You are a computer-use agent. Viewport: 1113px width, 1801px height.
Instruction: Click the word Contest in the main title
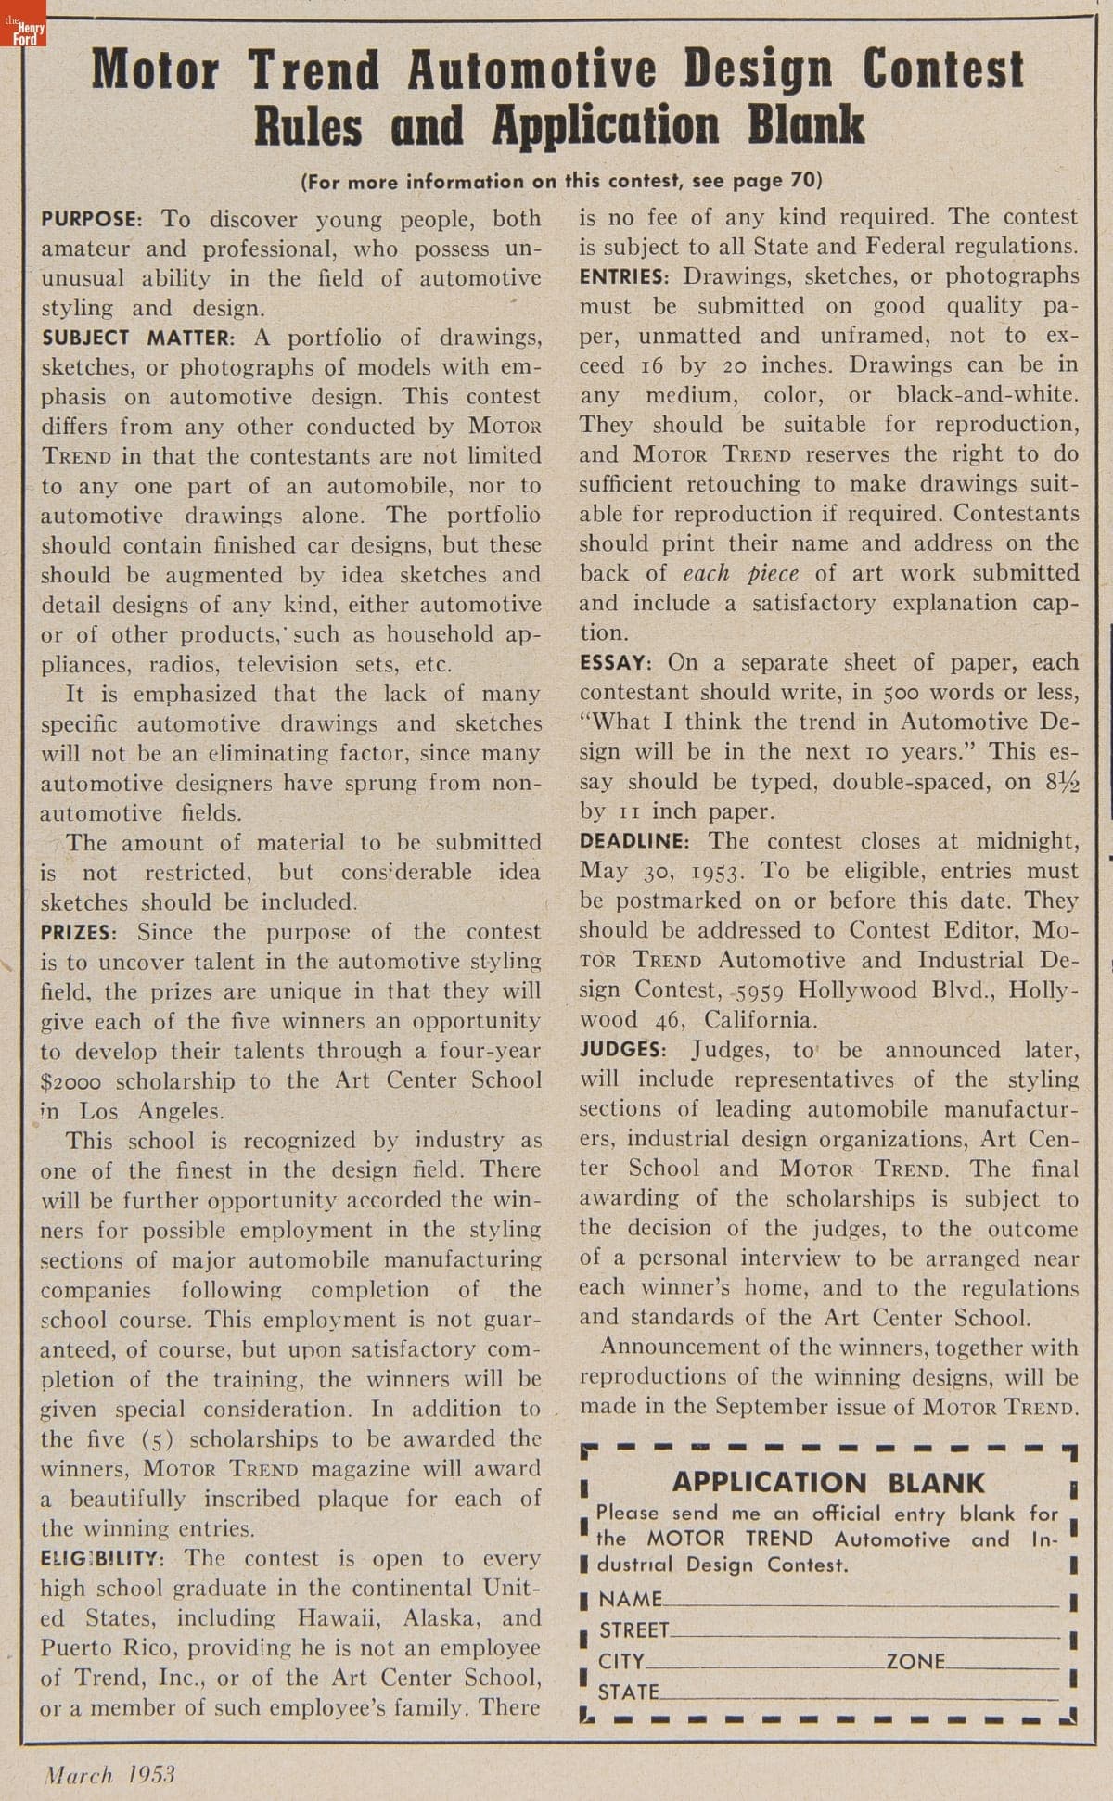click(x=943, y=70)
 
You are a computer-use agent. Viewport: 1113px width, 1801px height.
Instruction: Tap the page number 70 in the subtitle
click(x=800, y=180)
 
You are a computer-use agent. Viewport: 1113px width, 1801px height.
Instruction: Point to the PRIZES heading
click(x=78, y=932)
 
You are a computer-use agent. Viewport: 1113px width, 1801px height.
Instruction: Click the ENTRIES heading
click(x=624, y=276)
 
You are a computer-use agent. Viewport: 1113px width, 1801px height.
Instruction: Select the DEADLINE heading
click(x=634, y=842)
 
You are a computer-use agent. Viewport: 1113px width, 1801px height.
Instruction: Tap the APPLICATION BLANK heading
click(x=828, y=1483)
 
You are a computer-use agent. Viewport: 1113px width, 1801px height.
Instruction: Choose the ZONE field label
click(x=914, y=1661)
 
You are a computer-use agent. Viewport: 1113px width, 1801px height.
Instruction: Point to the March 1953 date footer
click(x=109, y=1775)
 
